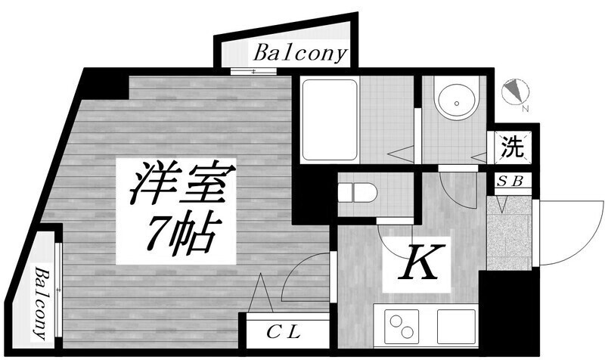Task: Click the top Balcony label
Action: coord(300,54)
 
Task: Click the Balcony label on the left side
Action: coord(43,303)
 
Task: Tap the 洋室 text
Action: coord(182,183)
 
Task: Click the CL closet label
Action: coord(284,332)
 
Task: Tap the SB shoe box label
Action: coord(510,182)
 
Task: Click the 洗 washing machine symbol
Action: coord(513,147)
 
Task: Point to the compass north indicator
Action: coord(516,93)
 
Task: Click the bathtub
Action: coord(330,119)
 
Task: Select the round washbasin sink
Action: coord(457,102)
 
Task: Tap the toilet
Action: coord(357,192)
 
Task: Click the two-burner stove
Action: coord(402,326)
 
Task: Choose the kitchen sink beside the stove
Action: coord(457,326)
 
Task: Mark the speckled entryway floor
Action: coord(509,233)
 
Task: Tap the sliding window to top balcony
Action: coord(253,71)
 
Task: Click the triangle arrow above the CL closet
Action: coord(260,293)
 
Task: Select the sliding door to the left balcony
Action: coord(58,290)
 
